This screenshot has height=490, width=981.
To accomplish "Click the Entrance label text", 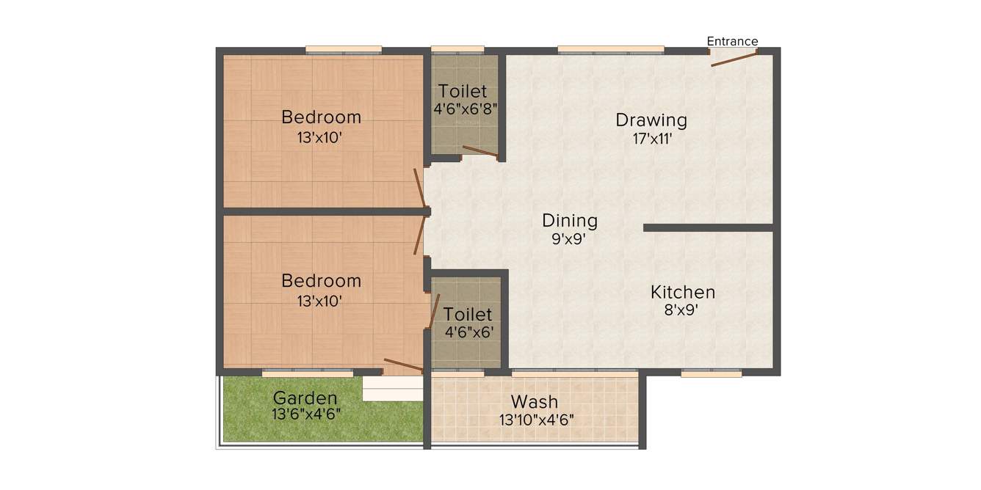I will point(732,42).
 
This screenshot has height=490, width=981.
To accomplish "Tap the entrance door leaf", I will point(734,59).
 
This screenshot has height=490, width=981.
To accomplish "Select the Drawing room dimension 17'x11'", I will point(652,138).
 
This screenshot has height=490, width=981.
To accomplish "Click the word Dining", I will point(570,220).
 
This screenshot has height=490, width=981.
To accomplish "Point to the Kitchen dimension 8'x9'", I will point(681,310).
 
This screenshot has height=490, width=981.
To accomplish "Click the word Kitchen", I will point(682,292).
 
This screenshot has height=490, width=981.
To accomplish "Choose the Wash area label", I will point(535,402).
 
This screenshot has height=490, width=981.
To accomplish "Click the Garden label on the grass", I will point(305,398).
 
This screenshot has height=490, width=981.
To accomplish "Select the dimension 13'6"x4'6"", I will point(305,414).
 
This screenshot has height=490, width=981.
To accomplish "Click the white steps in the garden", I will point(393,390).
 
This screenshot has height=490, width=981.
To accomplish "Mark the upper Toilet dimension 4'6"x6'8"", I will point(466,109).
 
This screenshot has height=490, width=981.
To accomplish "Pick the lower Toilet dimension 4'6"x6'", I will point(469,332).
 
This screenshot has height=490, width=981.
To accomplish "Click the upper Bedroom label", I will point(321,117).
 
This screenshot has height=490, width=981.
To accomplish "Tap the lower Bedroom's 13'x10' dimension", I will point(321,300).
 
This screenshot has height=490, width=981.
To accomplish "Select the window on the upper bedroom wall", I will point(344,50).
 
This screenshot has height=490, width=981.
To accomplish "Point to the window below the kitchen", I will point(711,373).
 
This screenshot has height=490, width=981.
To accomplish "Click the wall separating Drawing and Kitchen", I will point(708,227).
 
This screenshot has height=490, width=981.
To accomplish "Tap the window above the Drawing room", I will point(611,50).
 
